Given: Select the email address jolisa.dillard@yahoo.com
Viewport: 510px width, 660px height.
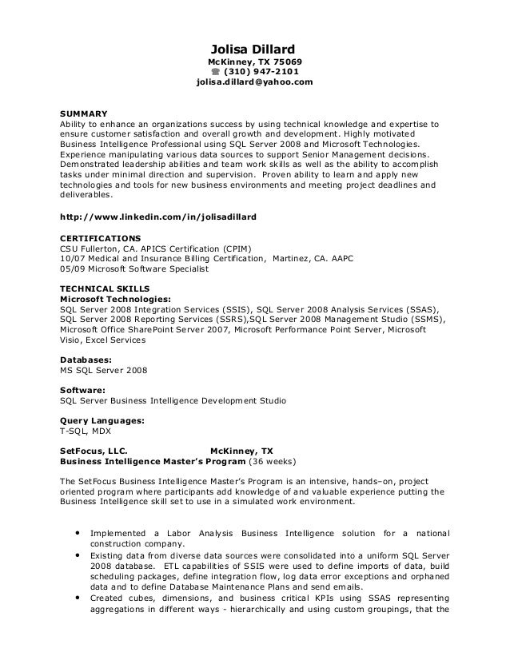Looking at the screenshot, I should [255, 82].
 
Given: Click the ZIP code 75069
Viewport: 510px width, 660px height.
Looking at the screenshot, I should [288, 62].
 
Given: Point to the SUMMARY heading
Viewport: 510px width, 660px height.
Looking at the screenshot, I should [84, 113].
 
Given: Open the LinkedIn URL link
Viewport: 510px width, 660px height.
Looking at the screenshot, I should [158, 217].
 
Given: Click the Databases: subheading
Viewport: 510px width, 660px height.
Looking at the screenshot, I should [86, 360].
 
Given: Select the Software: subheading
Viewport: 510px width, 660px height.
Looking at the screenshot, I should [83, 390].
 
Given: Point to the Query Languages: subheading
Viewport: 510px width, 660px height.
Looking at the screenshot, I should [102, 419].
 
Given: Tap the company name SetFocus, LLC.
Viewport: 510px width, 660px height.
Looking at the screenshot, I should [93, 451].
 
